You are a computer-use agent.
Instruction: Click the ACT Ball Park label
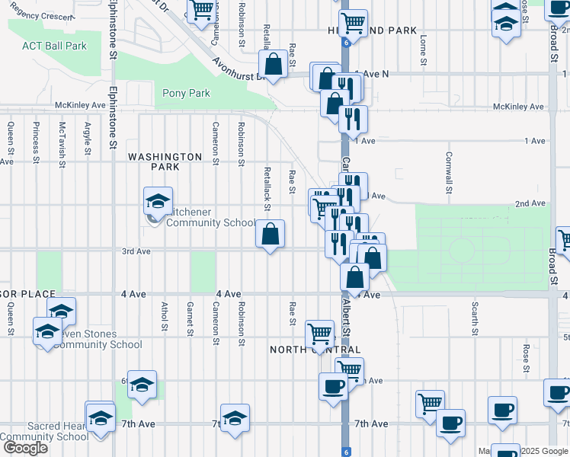click(54, 46)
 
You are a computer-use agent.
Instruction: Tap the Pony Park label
click(186, 93)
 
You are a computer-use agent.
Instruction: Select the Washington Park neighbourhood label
click(165, 161)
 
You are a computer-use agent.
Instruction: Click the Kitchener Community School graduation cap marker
click(158, 202)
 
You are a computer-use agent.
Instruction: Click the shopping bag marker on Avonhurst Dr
click(273, 65)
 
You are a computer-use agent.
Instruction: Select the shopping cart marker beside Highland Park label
click(353, 24)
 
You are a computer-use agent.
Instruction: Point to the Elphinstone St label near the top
click(112, 30)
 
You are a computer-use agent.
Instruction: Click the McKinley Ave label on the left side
click(80, 105)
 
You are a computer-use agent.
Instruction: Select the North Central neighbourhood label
click(315, 350)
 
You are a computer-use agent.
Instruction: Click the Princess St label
click(36, 143)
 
